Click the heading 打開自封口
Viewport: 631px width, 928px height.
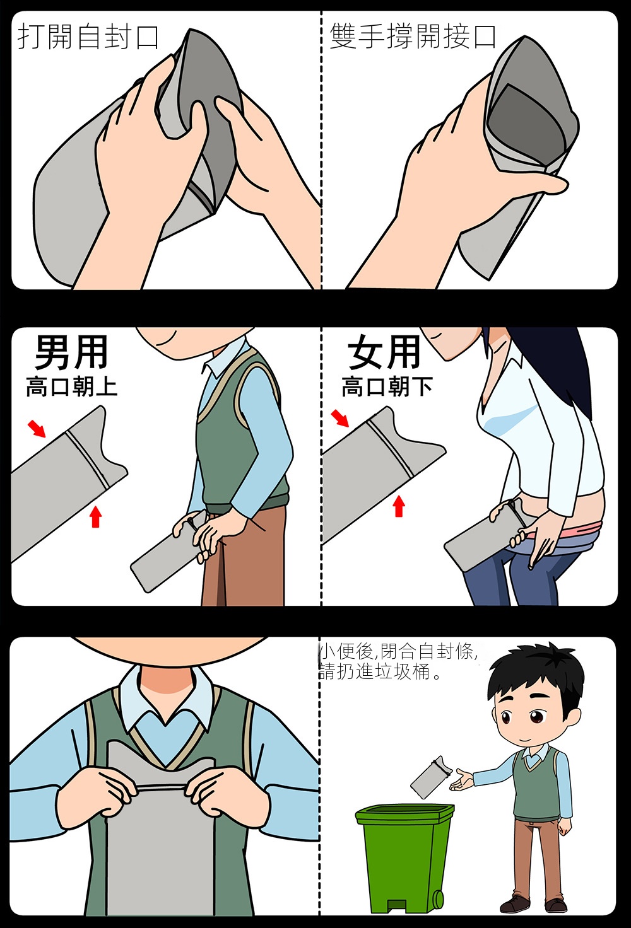88,37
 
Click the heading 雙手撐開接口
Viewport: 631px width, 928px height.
413,37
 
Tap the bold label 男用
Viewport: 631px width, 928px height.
71,352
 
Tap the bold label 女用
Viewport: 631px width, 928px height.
384,352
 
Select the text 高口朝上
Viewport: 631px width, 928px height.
71,387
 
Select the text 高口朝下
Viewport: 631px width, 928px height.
387,386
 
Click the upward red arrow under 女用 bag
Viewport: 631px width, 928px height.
399,506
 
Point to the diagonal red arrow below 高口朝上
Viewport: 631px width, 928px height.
37,429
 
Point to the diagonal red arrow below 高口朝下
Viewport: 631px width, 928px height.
340,418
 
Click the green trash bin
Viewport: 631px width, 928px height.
404,857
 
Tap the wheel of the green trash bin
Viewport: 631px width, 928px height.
438,896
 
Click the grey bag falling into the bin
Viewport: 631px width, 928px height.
428,777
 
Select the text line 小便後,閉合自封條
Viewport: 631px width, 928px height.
398,652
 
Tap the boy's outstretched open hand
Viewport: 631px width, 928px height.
461,780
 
